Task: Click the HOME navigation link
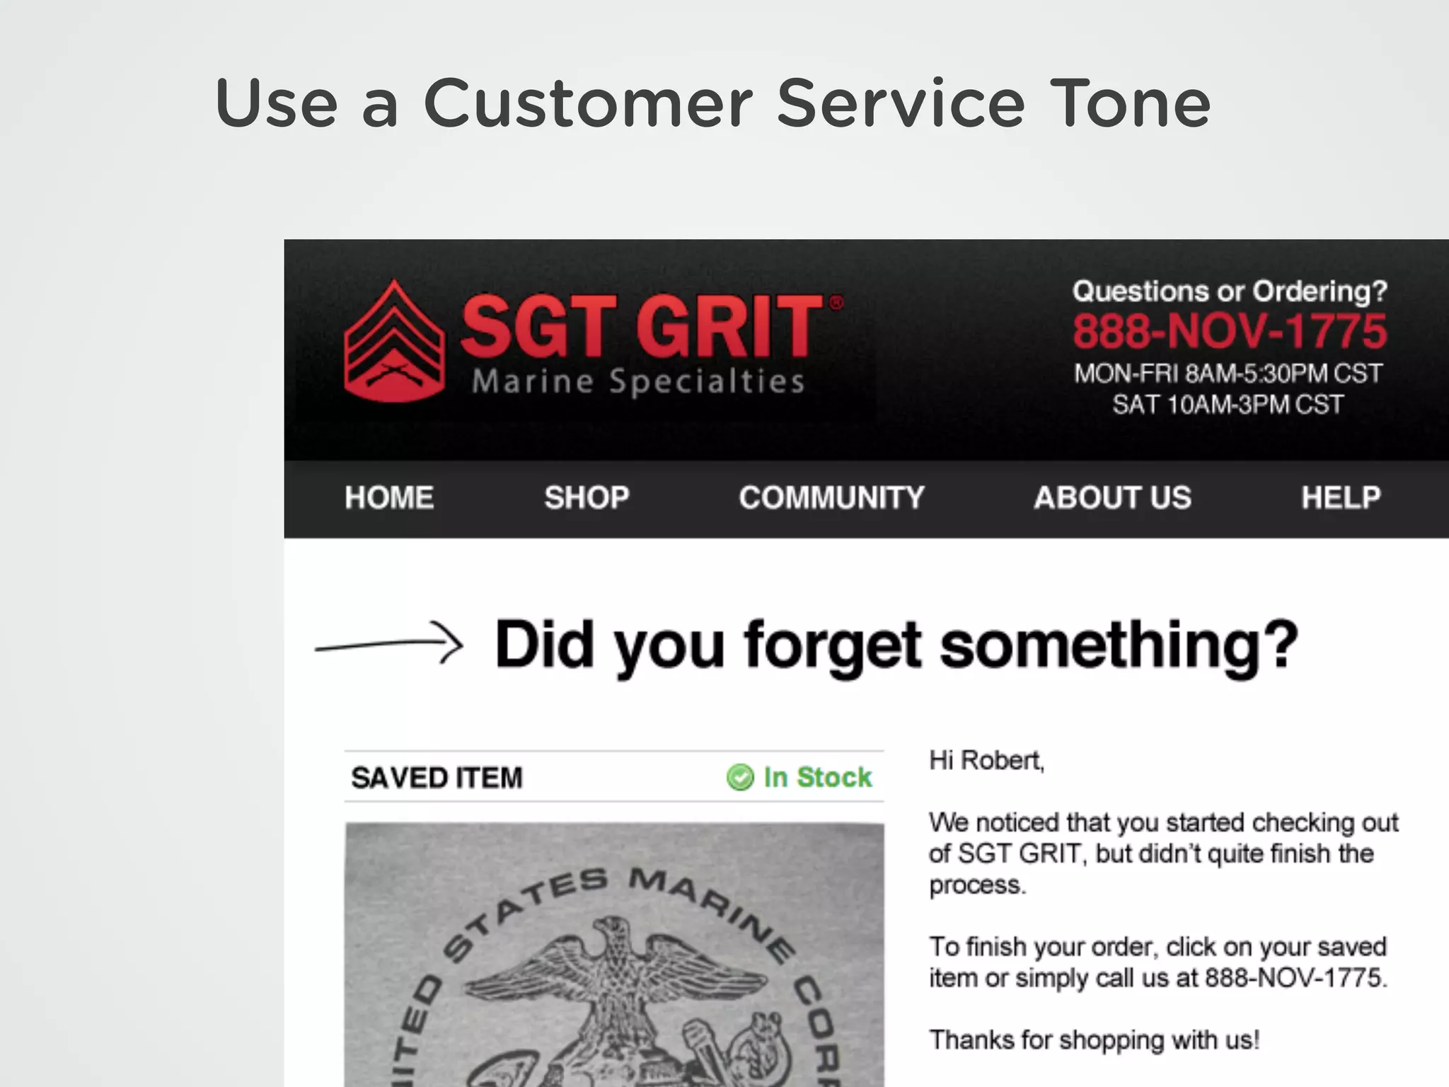click(x=389, y=498)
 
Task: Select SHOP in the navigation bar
click(x=587, y=498)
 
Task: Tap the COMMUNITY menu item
click(x=831, y=498)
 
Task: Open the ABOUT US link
click(x=1112, y=498)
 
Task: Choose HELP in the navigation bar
click(x=1341, y=498)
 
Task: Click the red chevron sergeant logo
click(x=394, y=343)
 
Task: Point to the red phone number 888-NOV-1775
click(x=1229, y=331)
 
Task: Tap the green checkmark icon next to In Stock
click(x=740, y=777)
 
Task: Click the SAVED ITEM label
click(x=437, y=778)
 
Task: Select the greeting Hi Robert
click(x=986, y=760)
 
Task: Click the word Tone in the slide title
click(x=1130, y=104)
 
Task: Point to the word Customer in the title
click(x=588, y=104)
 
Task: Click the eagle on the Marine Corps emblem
click(x=614, y=977)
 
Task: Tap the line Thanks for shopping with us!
click(x=1094, y=1040)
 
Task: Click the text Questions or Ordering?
click(x=1230, y=291)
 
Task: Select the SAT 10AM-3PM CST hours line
click(x=1228, y=405)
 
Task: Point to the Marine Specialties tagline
click(x=638, y=381)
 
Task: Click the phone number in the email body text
click(x=1294, y=978)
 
